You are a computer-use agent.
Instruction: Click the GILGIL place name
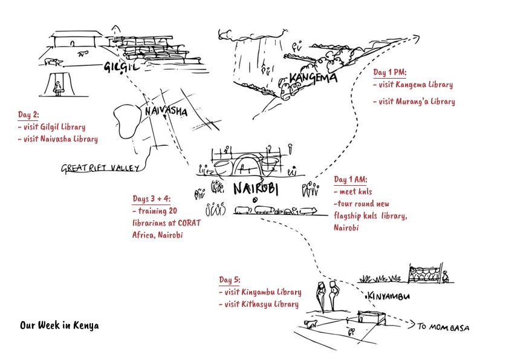tap(122, 67)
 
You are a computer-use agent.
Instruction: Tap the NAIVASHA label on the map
tap(166, 111)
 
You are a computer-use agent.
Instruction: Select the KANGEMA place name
tap(313, 78)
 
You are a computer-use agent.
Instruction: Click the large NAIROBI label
tap(256, 189)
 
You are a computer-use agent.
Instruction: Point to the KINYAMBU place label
tap(388, 296)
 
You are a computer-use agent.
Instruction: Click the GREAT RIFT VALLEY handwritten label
tap(100, 168)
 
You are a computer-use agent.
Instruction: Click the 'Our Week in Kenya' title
tap(59, 326)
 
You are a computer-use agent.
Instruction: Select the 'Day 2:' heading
tap(28, 115)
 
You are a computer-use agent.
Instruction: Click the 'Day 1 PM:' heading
tap(389, 73)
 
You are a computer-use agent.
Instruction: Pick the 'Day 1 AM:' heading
tap(351, 179)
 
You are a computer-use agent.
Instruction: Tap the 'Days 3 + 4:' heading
tap(152, 199)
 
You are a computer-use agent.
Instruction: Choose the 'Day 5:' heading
tap(230, 280)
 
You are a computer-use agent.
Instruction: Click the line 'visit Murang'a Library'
tap(414, 102)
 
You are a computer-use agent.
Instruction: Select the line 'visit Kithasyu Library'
tap(259, 304)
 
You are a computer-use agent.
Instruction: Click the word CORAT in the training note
tap(189, 223)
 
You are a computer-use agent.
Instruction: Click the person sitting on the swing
tap(58, 88)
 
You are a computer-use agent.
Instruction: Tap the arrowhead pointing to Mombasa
tap(412, 324)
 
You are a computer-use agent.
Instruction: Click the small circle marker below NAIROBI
tap(255, 200)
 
